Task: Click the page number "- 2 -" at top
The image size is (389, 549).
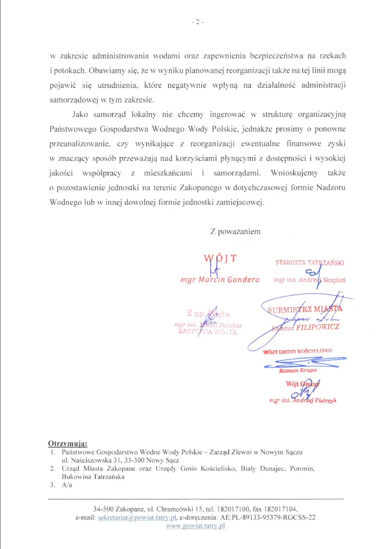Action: point(197,22)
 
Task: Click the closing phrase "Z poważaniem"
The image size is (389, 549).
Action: point(235,231)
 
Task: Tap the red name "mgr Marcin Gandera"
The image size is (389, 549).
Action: point(220,280)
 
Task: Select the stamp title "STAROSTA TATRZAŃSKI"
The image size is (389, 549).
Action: point(309,263)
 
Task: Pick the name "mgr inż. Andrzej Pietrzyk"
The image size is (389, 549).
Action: point(303,400)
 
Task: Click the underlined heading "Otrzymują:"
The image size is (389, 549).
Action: point(68,443)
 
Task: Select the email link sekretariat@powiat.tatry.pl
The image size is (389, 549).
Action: point(137,517)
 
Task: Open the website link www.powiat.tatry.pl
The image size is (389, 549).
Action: point(196,527)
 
